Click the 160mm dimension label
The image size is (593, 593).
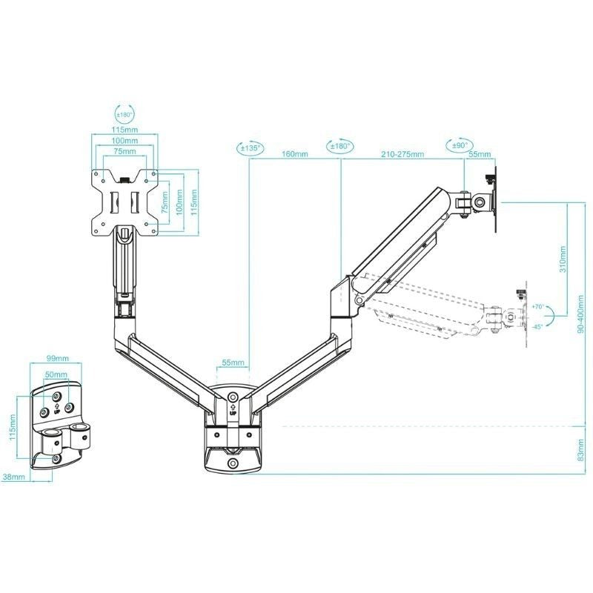pos(295,154)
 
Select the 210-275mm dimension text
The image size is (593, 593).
pos(402,154)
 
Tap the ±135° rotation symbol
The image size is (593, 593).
pos(250,148)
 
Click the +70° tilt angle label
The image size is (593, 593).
pos(537,306)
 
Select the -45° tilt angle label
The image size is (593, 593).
pos(537,325)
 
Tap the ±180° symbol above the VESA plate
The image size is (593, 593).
pos(125,115)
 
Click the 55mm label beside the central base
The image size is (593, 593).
pos(232,363)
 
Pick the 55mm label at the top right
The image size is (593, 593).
pos(480,154)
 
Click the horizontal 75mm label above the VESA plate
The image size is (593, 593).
pos(125,151)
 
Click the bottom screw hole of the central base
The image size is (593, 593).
pos(233,463)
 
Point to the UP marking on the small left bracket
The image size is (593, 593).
pos(57,400)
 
